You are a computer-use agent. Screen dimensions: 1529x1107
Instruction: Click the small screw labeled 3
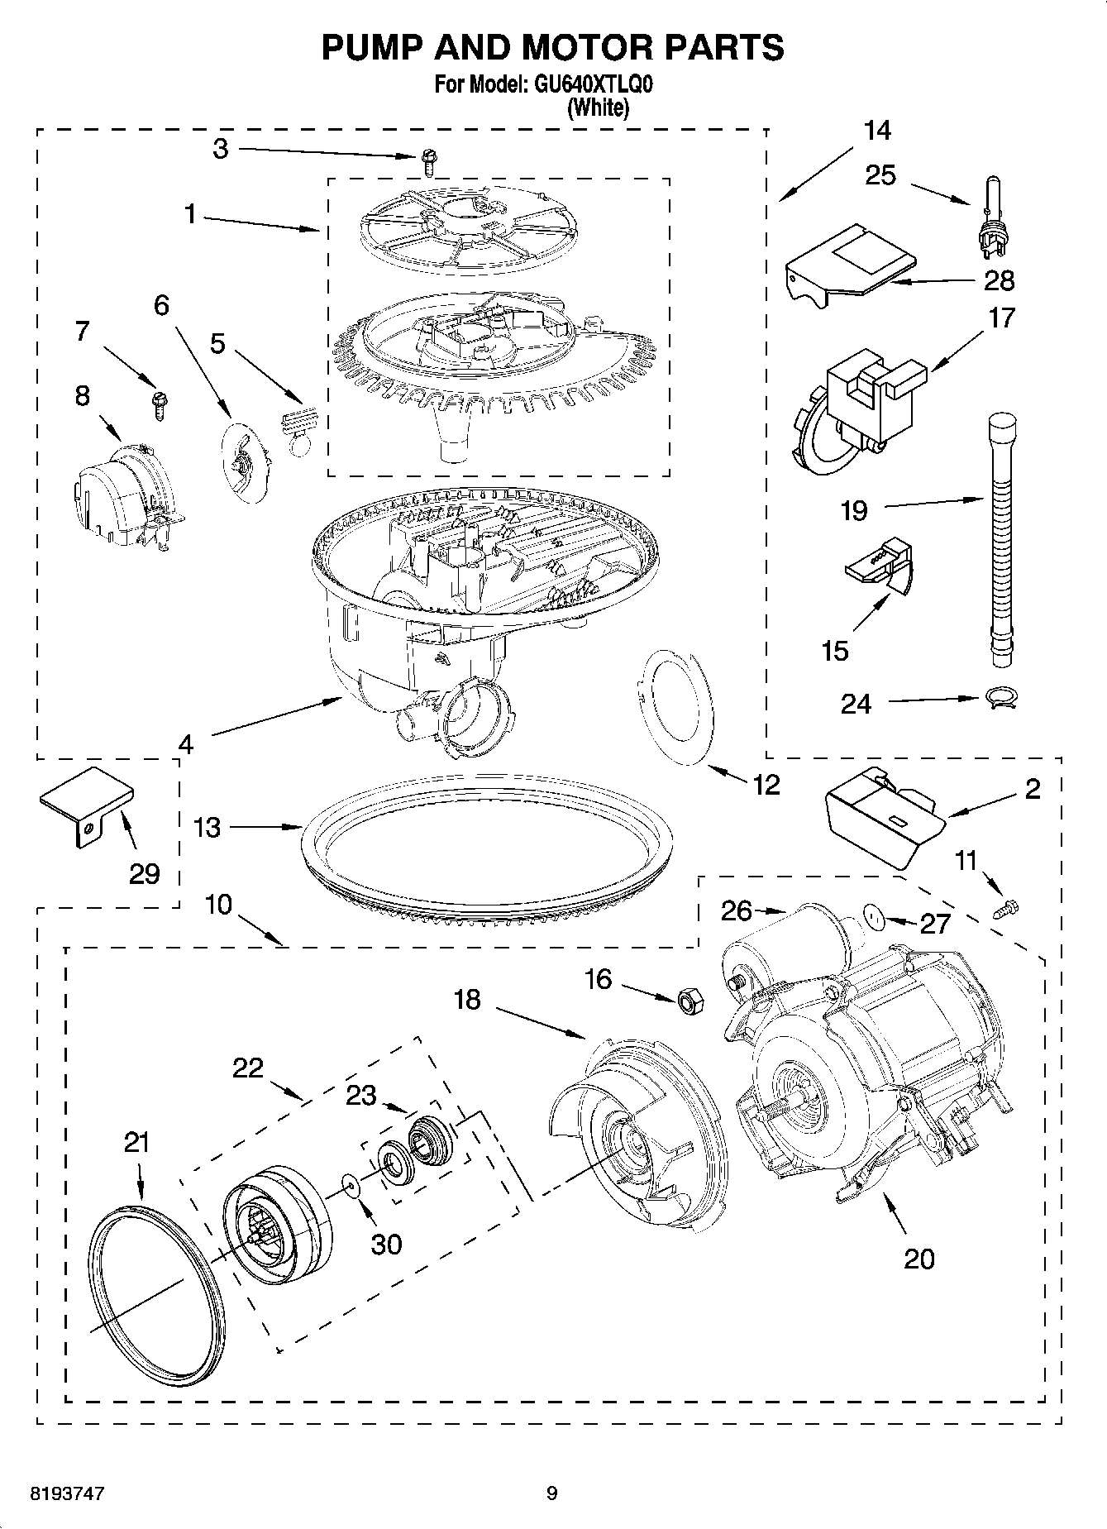[428, 161]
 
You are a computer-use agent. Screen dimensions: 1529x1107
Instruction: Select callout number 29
[144, 873]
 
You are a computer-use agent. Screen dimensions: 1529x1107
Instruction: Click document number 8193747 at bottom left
[67, 1494]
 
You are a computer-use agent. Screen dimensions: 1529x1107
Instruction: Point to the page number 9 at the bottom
[552, 1493]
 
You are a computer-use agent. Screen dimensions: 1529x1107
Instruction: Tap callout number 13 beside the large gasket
[208, 827]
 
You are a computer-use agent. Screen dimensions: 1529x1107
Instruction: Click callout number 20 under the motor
[919, 1259]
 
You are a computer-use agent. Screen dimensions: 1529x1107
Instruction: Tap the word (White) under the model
[598, 108]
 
